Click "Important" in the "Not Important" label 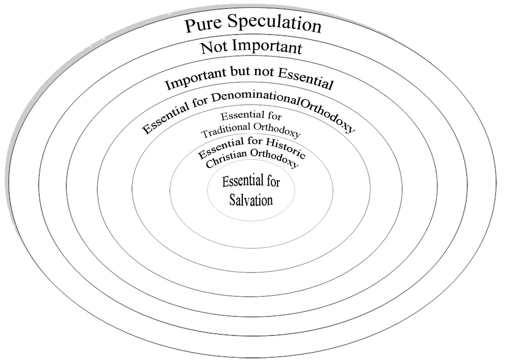pos(267,47)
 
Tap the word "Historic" pos(285,147)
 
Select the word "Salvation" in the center pos(251,200)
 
